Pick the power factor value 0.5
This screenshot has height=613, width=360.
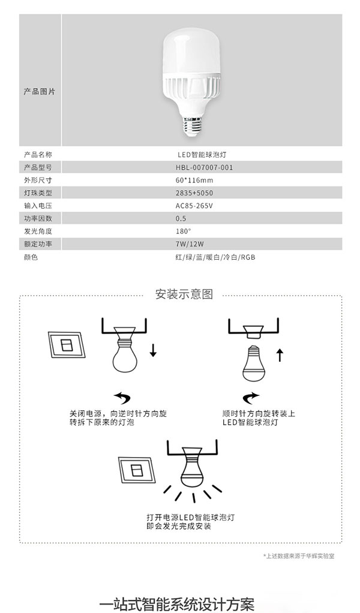coord(181,218)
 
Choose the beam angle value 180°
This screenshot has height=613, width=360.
coord(184,230)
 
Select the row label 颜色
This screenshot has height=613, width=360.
coord(31,257)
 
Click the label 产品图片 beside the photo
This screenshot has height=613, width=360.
coord(39,92)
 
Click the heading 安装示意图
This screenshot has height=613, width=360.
coord(184,295)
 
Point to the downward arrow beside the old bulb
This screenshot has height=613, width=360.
coord(153,350)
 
